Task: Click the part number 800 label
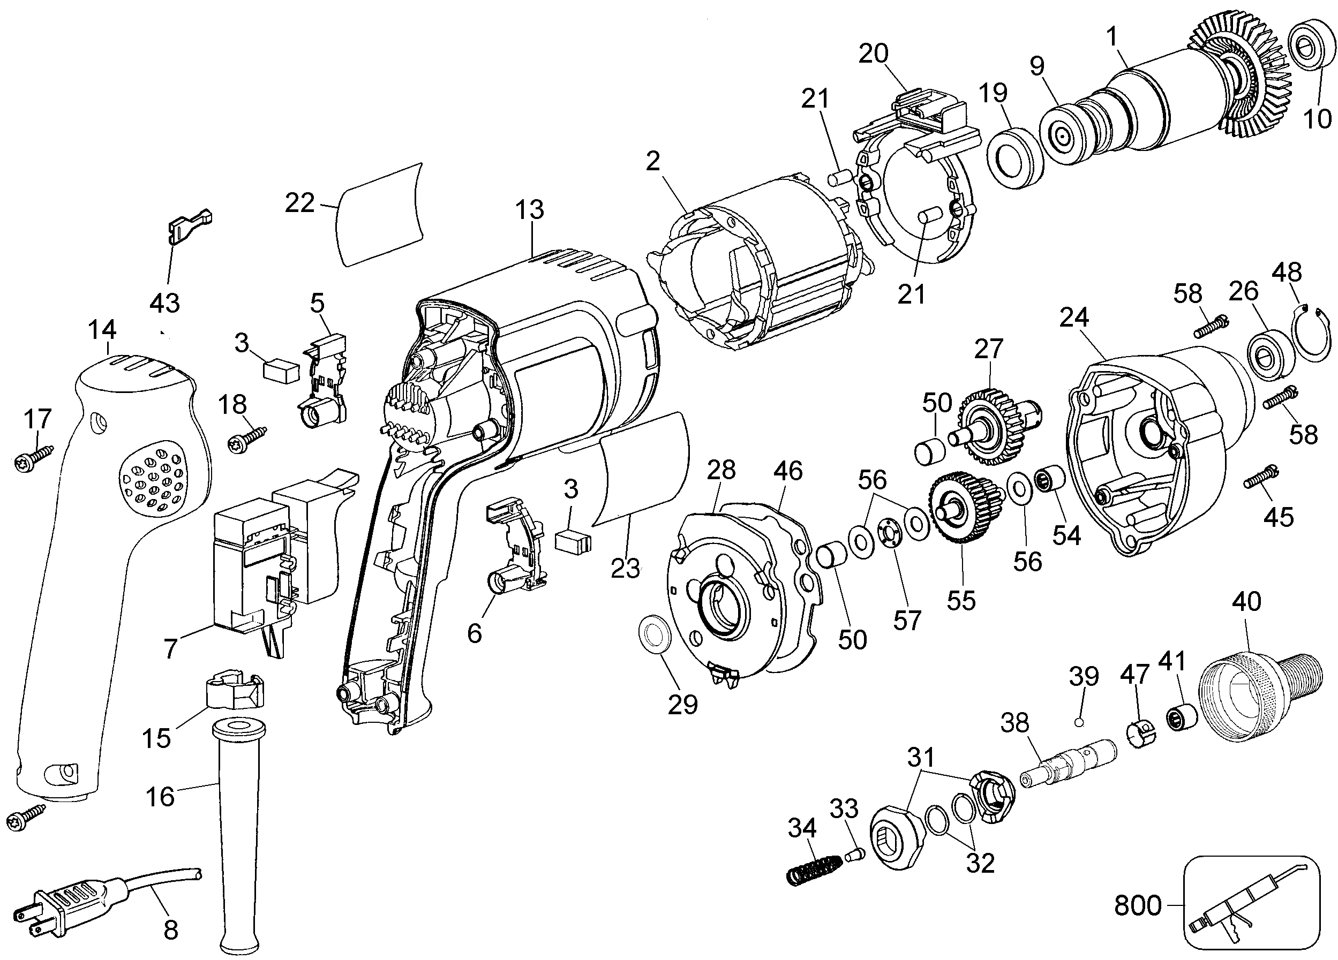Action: click(x=1138, y=905)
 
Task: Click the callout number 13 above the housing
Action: click(x=529, y=210)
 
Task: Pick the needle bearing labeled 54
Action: click(x=1051, y=480)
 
